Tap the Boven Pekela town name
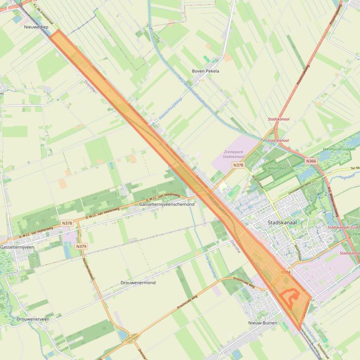tap(206, 71)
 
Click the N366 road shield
tap(311, 161)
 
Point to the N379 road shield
tap(81, 246)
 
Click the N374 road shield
tap(286, 272)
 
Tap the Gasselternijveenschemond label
tap(167, 205)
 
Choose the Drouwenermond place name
tap(138, 283)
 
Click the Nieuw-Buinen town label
tap(263, 323)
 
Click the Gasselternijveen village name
tap(14, 247)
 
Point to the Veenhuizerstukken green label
tap(339, 149)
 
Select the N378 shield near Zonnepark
tap(238, 165)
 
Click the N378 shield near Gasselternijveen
tap(67, 223)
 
